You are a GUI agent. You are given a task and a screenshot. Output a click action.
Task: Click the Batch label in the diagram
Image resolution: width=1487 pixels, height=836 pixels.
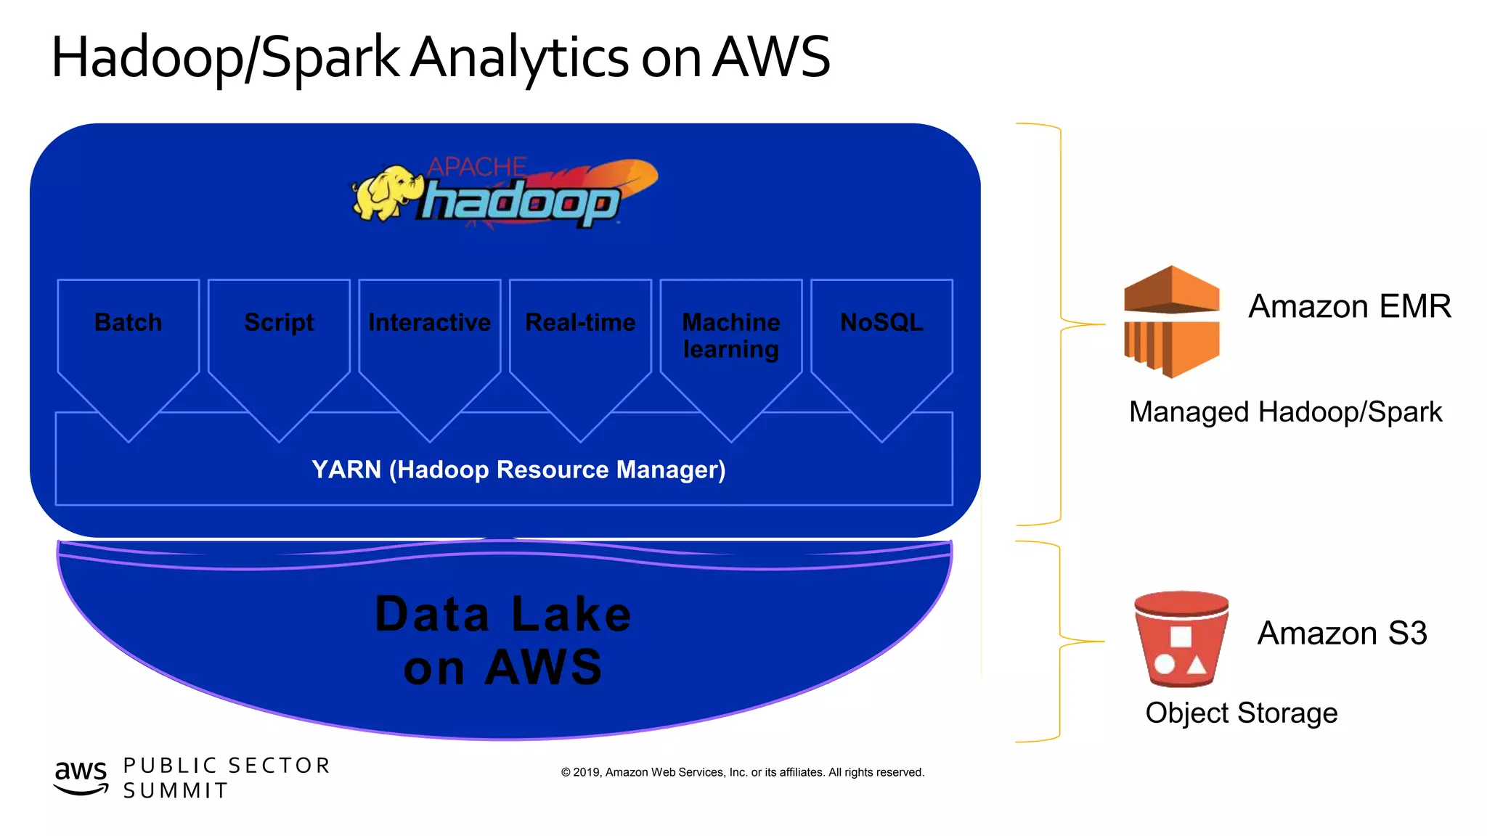tap(129, 322)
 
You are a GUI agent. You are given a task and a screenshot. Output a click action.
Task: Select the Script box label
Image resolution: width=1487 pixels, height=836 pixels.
tap(279, 322)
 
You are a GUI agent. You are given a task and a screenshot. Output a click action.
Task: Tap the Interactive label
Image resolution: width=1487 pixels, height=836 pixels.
tap(429, 322)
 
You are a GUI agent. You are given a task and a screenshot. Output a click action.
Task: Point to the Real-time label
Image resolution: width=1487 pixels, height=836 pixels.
tap(580, 322)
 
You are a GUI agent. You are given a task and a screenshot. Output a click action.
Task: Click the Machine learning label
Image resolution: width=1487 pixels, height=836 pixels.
tap(730, 335)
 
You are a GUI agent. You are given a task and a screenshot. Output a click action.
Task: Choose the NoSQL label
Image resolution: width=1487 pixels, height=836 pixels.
tap(881, 322)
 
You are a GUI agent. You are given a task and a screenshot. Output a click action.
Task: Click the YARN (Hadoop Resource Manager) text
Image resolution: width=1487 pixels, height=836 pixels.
tap(518, 470)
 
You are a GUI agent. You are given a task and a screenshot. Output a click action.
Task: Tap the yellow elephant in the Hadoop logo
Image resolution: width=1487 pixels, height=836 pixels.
tap(383, 193)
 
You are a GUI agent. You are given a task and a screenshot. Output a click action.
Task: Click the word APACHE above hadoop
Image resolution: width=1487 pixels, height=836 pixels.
tap(476, 167)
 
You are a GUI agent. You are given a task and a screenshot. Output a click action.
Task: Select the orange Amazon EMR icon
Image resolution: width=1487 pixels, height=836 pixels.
tap(1171, 321)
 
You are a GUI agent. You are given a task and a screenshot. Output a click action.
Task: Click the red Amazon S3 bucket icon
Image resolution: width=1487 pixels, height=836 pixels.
tap(1181, 639)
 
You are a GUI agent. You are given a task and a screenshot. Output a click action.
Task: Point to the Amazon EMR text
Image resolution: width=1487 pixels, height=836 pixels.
tap(1349, 306)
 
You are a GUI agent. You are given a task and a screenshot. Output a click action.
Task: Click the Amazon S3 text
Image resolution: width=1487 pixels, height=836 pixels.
tap(1342, 633)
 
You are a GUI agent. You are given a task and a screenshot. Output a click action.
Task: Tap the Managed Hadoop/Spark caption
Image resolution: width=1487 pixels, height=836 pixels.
tap(1285, 412)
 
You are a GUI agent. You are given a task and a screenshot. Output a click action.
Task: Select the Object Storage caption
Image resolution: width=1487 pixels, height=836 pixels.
tap(1241, 713)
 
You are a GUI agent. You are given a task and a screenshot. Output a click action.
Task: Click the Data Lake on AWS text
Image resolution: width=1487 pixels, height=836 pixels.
tap(503, 640)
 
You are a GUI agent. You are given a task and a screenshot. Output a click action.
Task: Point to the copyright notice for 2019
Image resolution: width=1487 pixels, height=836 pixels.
tap(742, 772)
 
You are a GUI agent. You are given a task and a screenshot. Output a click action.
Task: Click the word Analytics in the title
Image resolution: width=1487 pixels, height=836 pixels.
tap(520, 58)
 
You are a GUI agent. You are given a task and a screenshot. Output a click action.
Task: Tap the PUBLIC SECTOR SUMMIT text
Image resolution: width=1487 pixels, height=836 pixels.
tap(227, 777)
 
